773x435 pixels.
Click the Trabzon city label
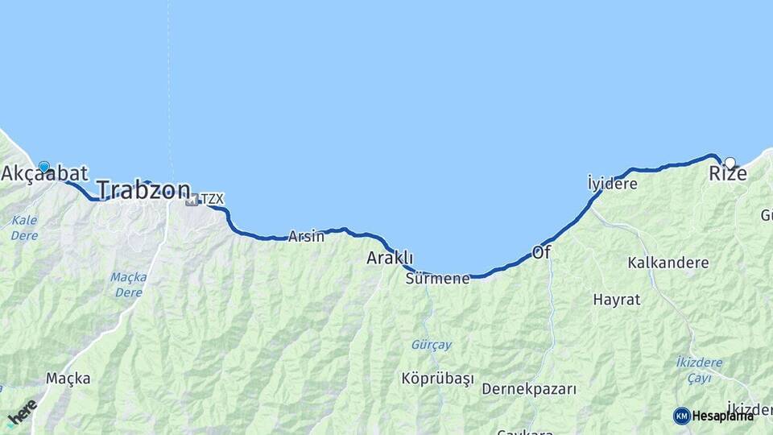coord(143,190)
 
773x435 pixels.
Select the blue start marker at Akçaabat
coord(43,167)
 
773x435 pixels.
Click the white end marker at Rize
coord(730,163)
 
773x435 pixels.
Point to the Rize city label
coord(721,174)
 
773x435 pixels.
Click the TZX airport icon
coord(192,199)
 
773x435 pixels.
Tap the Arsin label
coord(306,237)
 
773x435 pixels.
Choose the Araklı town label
coord(390,259)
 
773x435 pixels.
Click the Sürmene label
coord(437,279)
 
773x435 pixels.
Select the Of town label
coord(541,253)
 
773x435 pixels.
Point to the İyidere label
coord(612,184)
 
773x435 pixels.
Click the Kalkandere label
coord(668,263)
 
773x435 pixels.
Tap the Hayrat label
coord(616,300)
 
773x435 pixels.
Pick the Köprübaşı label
coord(438,379)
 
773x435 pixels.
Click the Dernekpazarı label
coord(529,389)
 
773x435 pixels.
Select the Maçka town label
coord(68,378)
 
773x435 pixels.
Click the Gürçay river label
coord(432,345)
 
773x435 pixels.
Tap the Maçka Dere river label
coord(129,284)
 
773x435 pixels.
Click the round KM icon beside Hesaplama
coord(682,416)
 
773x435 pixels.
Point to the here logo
coord(23,412)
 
